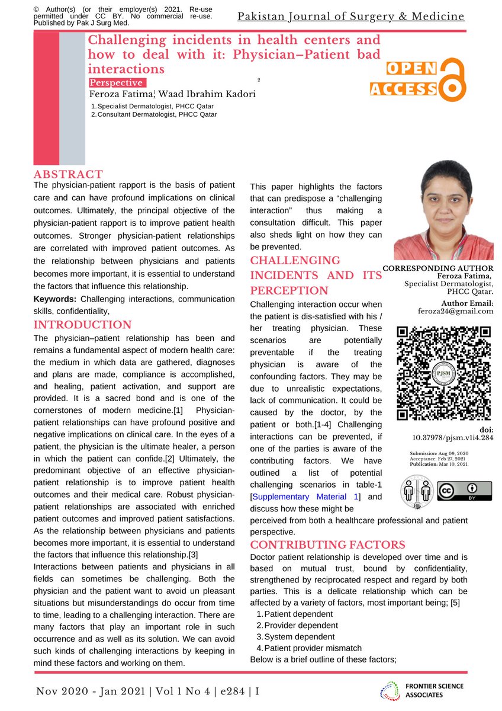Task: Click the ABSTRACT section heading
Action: [68, 174]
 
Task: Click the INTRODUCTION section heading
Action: [82, 325]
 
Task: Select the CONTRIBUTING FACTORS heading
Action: [327, 545]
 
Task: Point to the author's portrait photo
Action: [443, 212]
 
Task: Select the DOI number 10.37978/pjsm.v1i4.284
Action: [453, 438]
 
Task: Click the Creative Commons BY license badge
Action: [464, 491]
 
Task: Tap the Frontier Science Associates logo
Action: [421, 690]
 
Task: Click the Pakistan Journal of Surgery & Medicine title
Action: [350, 16]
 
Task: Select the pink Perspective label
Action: [116, 83]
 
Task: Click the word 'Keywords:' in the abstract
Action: [56, 299]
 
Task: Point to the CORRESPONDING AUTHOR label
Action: [438, 268]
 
